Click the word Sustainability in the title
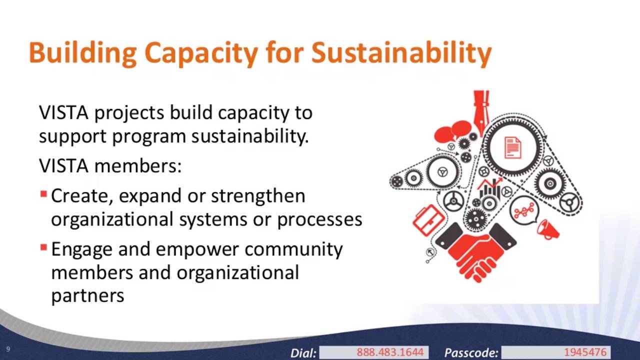(x=401, y=53)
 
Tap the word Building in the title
(x=82, y=53)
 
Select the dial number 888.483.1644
(x=390, y=352)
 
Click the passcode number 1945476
(x=585, y=352)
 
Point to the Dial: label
(x=303, y=353)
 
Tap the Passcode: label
(x=471, y=353)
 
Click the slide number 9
(x=8, y=349)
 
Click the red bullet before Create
(x=43, y=194)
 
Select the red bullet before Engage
(x=43, y=247)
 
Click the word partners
(x=87, y=295)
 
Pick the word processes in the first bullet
(x=319, y=220)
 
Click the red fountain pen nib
(x=481, y=113)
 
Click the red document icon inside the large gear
(x=513, y=147)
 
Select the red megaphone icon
(x=547, y=229)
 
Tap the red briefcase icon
(x=428, y=220)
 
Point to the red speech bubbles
(x=453, y=131)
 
